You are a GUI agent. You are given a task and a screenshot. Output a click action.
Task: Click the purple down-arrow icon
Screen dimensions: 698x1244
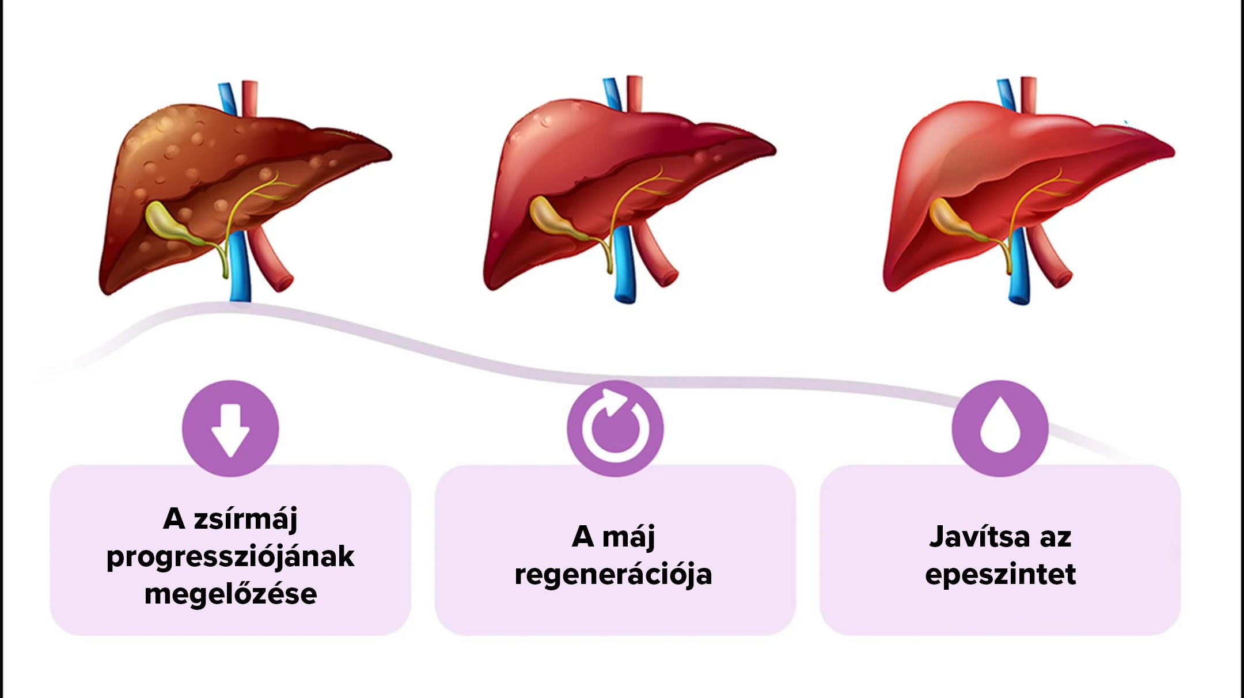pyautogui.click(x=230, y=428)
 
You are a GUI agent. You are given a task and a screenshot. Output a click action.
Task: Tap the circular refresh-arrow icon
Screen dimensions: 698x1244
pyautogui.click(x=615, y=428)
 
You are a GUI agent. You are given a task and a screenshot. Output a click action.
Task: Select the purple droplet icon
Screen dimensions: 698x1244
pyautogui.click(x=1000, y=428)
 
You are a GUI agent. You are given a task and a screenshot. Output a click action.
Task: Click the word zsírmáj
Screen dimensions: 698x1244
pyautogui.click(x=246, y=519)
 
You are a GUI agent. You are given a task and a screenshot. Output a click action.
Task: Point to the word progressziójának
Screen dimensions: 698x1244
pyautogui.click(x=230, y=557)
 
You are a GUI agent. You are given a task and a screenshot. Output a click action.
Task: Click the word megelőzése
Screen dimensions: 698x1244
pyautogui.click(x=230, y=594)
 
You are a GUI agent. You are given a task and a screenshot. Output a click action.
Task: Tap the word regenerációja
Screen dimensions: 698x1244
pyautogui.click(x=613, y=574)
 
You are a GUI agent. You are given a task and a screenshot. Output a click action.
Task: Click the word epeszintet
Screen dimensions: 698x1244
pyautogui.click(x=1000, y=574)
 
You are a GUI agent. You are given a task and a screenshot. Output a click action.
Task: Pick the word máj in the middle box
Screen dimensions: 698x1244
pyautogui.click(x=629, y=537)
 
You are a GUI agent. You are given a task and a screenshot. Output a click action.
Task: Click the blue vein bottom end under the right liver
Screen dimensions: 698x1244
pyautogui.click(x=1019, y=296)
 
